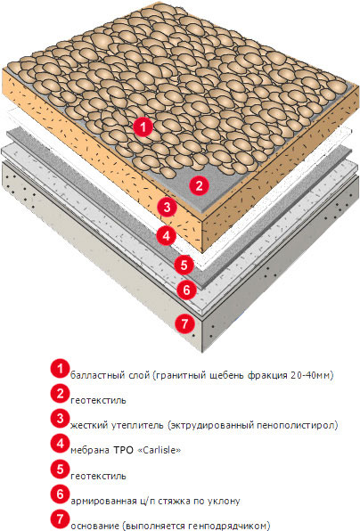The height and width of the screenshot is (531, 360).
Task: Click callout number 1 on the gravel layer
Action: pyautogui.click(x=143, y=127)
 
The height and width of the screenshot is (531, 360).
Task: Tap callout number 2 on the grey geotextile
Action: pyautogui.click(x=199, y=185)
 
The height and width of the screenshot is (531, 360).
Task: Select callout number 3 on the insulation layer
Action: pyautogui.click(x=168, y=207)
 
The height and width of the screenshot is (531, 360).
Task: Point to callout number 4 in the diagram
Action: pyautogui.click(x=167, y=236)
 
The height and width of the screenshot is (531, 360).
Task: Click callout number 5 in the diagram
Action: pyautogui.click(x=184, y=265)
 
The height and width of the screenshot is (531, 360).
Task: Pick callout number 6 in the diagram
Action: pyautogui.click(x=187, y=290)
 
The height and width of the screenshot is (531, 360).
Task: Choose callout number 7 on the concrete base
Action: pyautogui.click(x=185, y=323)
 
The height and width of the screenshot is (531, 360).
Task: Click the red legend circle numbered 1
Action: pyautogui.click(x=61, y=369)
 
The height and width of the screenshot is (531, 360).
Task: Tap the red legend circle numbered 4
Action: pyautogui.click(x=61, y=444)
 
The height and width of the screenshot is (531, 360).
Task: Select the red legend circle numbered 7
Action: pyautogui.click(x=61, y=519)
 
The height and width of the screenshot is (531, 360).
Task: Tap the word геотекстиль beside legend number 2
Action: pyautogui.click(x=98, y=400)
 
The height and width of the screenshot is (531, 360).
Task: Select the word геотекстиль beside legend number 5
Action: pyautogui.click(x=98, y=476)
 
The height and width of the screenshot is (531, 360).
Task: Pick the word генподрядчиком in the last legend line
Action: pyautogui.click(x=227, y=527)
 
